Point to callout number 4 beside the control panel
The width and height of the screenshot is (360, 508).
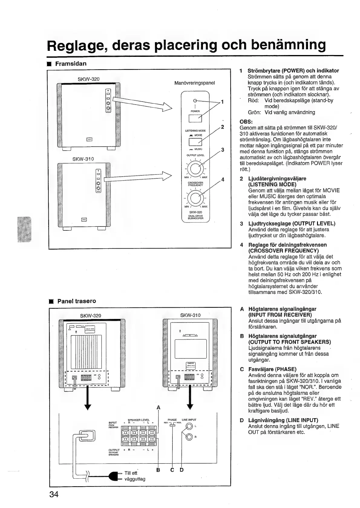223,180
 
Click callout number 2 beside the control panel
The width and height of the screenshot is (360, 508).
222,127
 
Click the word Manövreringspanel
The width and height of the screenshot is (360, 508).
195,83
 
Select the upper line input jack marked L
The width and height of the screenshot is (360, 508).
189,427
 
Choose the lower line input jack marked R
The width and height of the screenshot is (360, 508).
189,437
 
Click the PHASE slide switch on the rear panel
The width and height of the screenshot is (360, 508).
172,425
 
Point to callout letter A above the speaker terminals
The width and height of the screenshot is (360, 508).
158,407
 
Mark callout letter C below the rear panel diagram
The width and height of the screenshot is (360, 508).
172,470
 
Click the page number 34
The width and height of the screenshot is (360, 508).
54,494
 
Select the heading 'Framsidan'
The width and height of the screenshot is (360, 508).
71,63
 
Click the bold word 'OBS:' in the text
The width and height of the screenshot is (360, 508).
246,122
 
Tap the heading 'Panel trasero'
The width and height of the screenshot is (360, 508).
77,301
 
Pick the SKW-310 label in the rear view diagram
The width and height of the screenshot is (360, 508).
190,315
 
